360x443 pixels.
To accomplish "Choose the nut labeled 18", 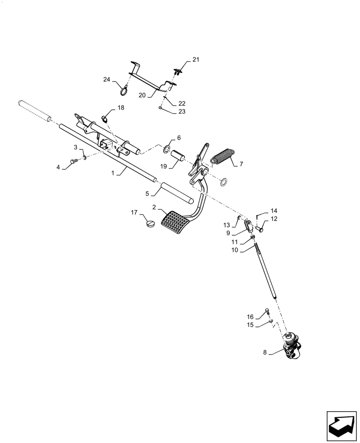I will [105, 118].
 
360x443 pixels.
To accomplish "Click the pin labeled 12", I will [260, 229].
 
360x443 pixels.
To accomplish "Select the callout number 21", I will [196, 59].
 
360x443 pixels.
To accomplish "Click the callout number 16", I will [250, 317].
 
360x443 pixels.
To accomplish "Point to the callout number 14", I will [274, 211].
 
